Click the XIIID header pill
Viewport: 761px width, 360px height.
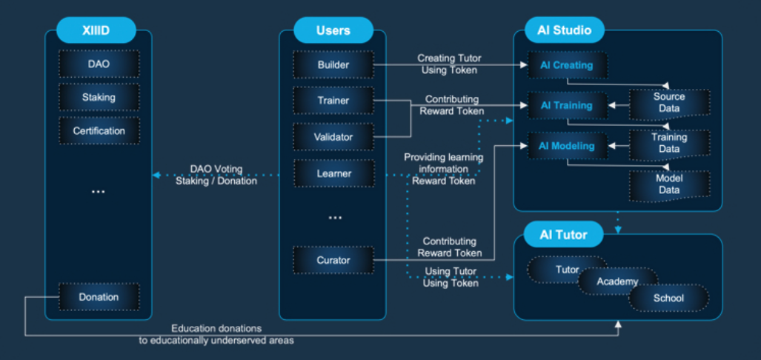(x=97, y=30)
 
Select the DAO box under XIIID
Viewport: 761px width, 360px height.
(x=99, y=64)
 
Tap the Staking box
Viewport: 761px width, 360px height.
(x=99, y=97)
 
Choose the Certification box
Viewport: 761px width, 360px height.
(x=99, y=131)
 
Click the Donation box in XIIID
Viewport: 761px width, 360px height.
(x=99, y=297)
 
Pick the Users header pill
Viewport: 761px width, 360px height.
(x=333, y=30)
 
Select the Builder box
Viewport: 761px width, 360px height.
(x=333, y=64)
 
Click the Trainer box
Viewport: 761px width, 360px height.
(x=333, y=101)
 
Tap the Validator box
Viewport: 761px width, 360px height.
(x=333, y=137)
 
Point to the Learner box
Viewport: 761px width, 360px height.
(x=333, y=174)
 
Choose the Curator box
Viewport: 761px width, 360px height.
(x=333, y=260)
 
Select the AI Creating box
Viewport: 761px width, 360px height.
(x=567, y=65)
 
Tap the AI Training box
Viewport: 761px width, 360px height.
(x=567, y=105)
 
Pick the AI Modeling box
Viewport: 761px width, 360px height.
(x=567, y=146)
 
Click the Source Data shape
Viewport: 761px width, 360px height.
(x=669, y=103)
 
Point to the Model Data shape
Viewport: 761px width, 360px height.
(x=669, y=184)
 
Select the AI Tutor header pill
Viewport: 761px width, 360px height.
(x=564, y=235)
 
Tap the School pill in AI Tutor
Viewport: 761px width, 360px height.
(x=668, y=299)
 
